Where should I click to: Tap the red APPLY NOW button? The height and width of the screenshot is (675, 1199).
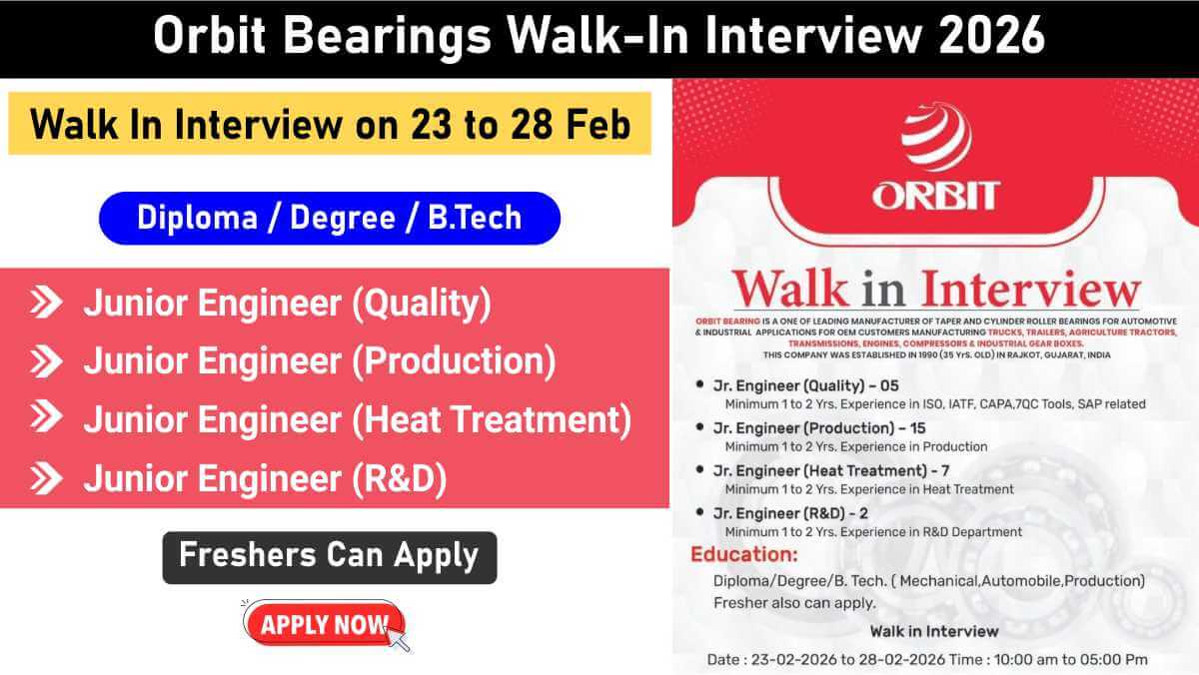323,625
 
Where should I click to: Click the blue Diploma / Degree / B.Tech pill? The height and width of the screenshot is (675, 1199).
329,218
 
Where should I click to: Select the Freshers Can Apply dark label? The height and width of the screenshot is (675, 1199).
329,556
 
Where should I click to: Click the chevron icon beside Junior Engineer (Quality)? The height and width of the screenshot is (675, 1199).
46,303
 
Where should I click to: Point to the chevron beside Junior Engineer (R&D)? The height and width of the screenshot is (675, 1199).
46,479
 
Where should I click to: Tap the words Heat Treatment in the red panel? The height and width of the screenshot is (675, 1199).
492,420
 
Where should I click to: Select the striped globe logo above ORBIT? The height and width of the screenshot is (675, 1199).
935,139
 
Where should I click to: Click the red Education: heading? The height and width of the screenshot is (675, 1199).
744,554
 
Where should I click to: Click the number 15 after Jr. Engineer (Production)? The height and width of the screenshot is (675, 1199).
898,427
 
